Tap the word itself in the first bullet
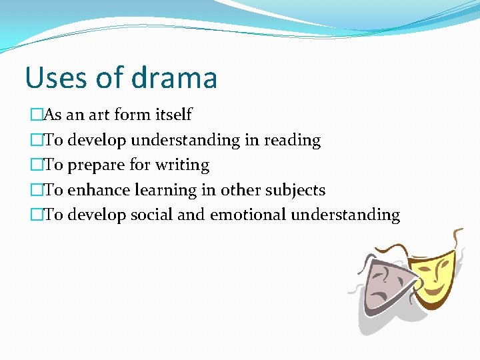(173, 115)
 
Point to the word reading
(292, 141)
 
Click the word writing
(182, 165)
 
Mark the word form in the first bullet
(133, 115)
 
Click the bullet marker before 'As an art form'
(34, 115)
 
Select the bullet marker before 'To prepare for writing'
(34, 165)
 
